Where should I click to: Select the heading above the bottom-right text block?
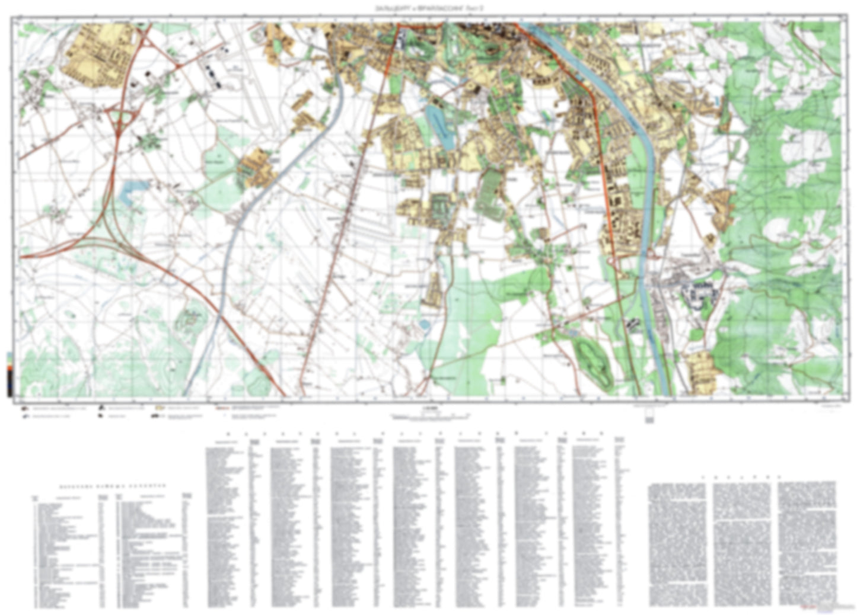[x=741, y=476]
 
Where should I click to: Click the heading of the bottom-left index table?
[x=113, y=485]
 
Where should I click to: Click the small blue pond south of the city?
[x=424, y=325]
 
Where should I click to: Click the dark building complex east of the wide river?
[x=700, y=293]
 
